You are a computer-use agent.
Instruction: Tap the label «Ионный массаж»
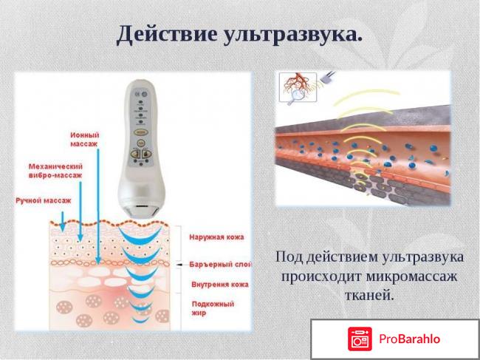86,139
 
